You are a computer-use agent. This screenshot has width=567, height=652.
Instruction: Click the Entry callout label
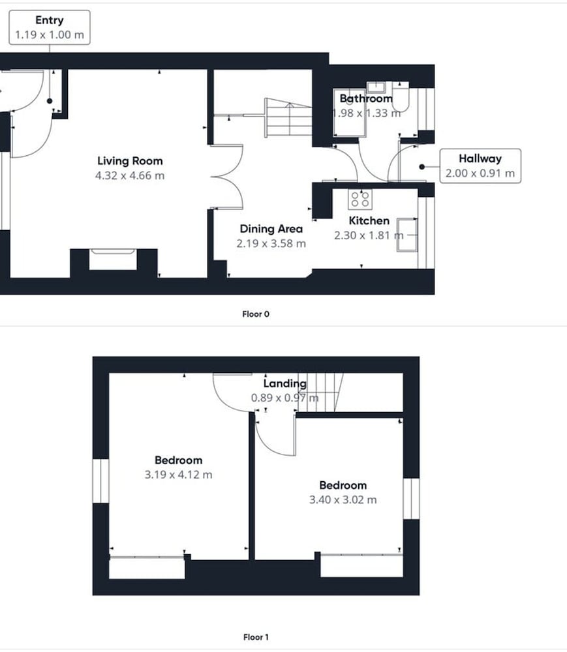coord(50,27)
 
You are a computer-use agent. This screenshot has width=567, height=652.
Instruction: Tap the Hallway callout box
coord(480,166)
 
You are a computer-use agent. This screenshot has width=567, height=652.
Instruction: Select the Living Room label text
coord(130,161)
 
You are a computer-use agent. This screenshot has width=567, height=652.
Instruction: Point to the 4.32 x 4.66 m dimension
coord(130,175)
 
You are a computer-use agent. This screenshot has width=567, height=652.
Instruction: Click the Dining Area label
coord(271,229)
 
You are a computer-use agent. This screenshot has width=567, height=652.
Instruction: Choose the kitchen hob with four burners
coord(360,199)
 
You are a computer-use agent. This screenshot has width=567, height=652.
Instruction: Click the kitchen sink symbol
coord(407,235)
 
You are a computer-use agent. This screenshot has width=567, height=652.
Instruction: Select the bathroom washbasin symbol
coord(376,87)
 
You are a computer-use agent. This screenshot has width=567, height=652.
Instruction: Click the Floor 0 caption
coord(256,314)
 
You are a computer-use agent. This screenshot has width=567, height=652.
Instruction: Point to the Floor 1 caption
coord(256,637)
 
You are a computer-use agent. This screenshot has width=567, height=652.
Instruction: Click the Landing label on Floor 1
coord(285,383)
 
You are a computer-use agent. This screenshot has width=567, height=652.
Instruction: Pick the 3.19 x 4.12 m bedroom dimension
coord(179,475)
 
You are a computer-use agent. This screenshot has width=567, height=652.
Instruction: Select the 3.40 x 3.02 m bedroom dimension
coord(343,500)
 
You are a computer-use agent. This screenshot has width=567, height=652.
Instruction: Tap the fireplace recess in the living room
coord(113,259)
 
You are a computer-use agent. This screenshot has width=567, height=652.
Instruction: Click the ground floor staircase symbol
coord(288,117)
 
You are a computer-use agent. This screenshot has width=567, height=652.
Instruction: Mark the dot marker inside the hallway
coord(421,167)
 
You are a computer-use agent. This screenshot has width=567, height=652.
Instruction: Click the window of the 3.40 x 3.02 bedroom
coord(411,499)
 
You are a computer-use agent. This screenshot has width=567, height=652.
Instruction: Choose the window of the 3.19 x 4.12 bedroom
coord(100,481)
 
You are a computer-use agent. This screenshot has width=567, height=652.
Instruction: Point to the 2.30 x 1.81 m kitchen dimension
coord(369,235)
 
